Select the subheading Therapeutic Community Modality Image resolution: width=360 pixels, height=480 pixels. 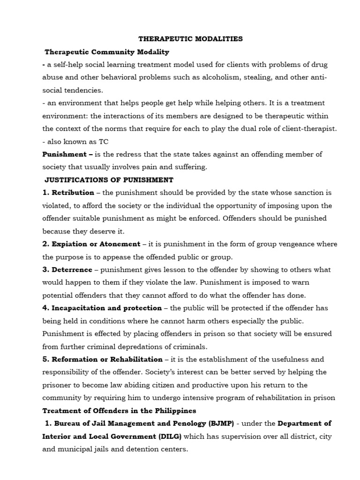[107, 52]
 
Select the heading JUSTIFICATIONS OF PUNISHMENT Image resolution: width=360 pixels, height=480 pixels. [109, 180]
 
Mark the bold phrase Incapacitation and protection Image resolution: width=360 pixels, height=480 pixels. [107, 308]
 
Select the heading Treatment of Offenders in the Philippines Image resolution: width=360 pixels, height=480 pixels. [119, 411]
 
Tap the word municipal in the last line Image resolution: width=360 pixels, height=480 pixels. [74, 449]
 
